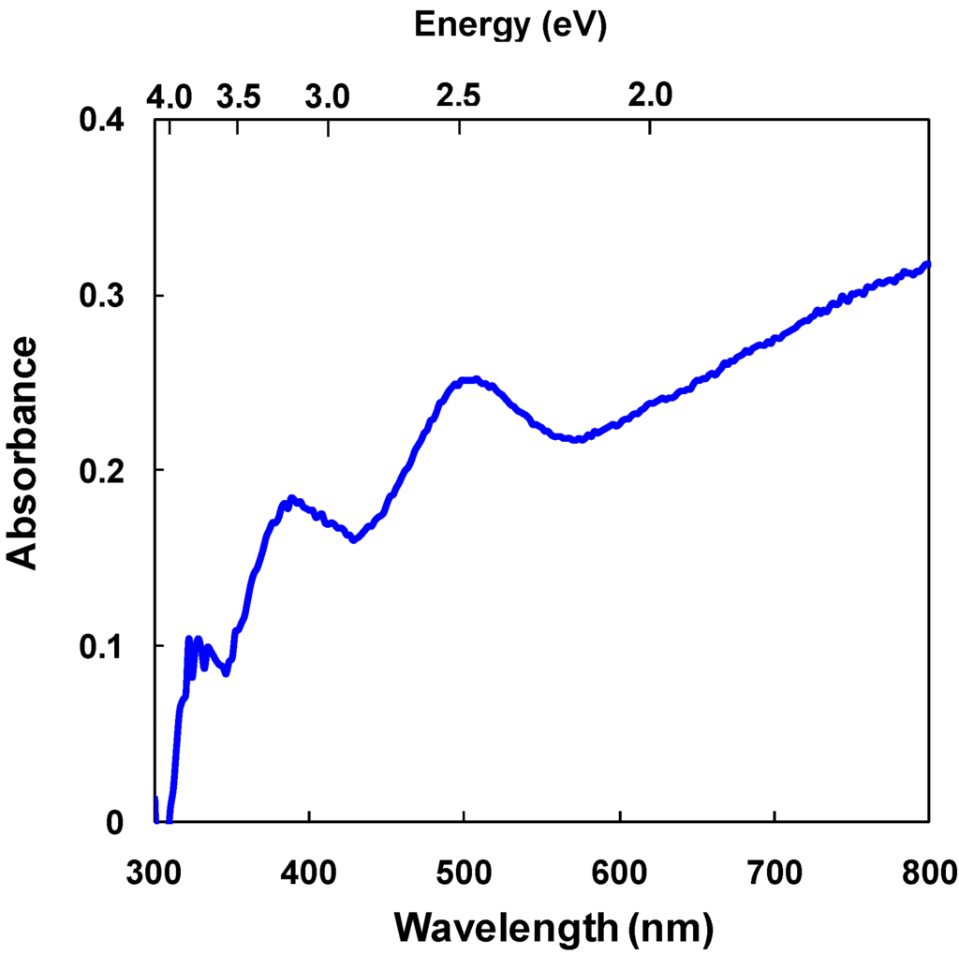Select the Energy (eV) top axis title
(510, 25)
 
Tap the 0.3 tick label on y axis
(106, 296)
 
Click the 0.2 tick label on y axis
(106, 470)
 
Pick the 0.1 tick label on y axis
(106, 646)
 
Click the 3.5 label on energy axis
(238, 95)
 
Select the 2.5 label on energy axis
(459, 95)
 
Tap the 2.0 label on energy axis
(650, 95)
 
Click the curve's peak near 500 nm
(473, 380)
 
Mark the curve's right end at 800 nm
(928, 264)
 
